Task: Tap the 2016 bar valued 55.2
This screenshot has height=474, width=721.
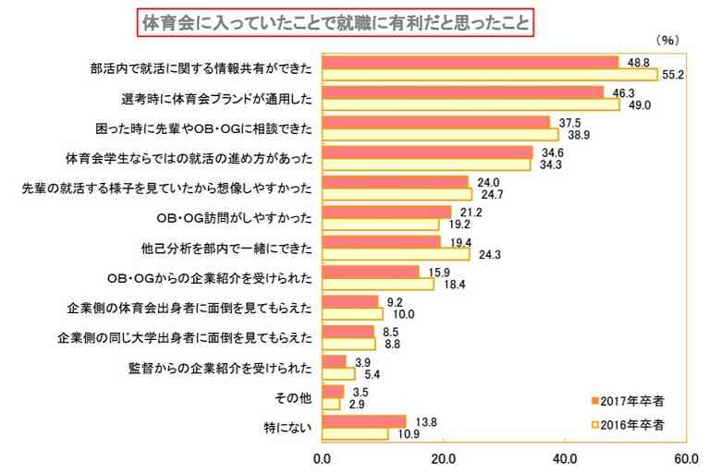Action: click(489, 74)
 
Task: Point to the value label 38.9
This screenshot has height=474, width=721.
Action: click(574, 134)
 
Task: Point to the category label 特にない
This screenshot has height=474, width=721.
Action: click(288, 429)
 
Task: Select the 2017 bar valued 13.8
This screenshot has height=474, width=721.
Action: click(364, 421)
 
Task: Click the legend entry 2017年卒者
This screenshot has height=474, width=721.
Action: click(631, 401)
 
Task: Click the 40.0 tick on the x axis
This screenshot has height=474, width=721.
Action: click(564, 457)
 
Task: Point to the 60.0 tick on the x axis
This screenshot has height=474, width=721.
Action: click(685, 457)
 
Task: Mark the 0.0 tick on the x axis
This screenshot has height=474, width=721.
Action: click(323, 457)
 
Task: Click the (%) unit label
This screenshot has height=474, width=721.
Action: click(666, 41)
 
